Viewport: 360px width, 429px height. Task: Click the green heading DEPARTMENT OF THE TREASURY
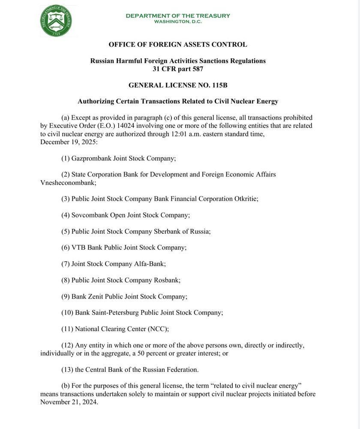point(178,16)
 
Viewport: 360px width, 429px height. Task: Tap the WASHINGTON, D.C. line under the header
point(178,21)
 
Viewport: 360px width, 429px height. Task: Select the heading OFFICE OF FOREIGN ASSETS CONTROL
point(178,45)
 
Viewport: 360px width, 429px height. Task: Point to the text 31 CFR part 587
point(178,69)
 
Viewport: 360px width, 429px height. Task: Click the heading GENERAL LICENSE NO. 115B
point(178,85)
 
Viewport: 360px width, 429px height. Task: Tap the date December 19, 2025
point(69,142)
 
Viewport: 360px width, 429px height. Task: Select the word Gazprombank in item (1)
point(91,158)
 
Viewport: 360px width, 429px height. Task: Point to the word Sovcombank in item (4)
point(90,215)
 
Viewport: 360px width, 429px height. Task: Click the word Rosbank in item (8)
point(167,280)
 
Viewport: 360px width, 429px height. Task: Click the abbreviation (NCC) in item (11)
point(158,329)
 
